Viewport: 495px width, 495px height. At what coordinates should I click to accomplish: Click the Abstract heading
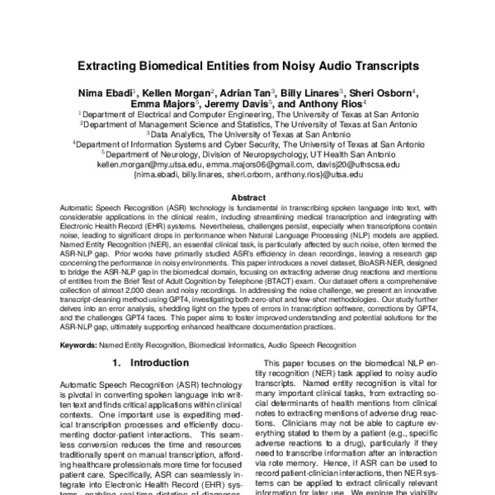(x=247, y=198)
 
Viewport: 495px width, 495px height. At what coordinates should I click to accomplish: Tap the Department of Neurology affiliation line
(x=247, y=153)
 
